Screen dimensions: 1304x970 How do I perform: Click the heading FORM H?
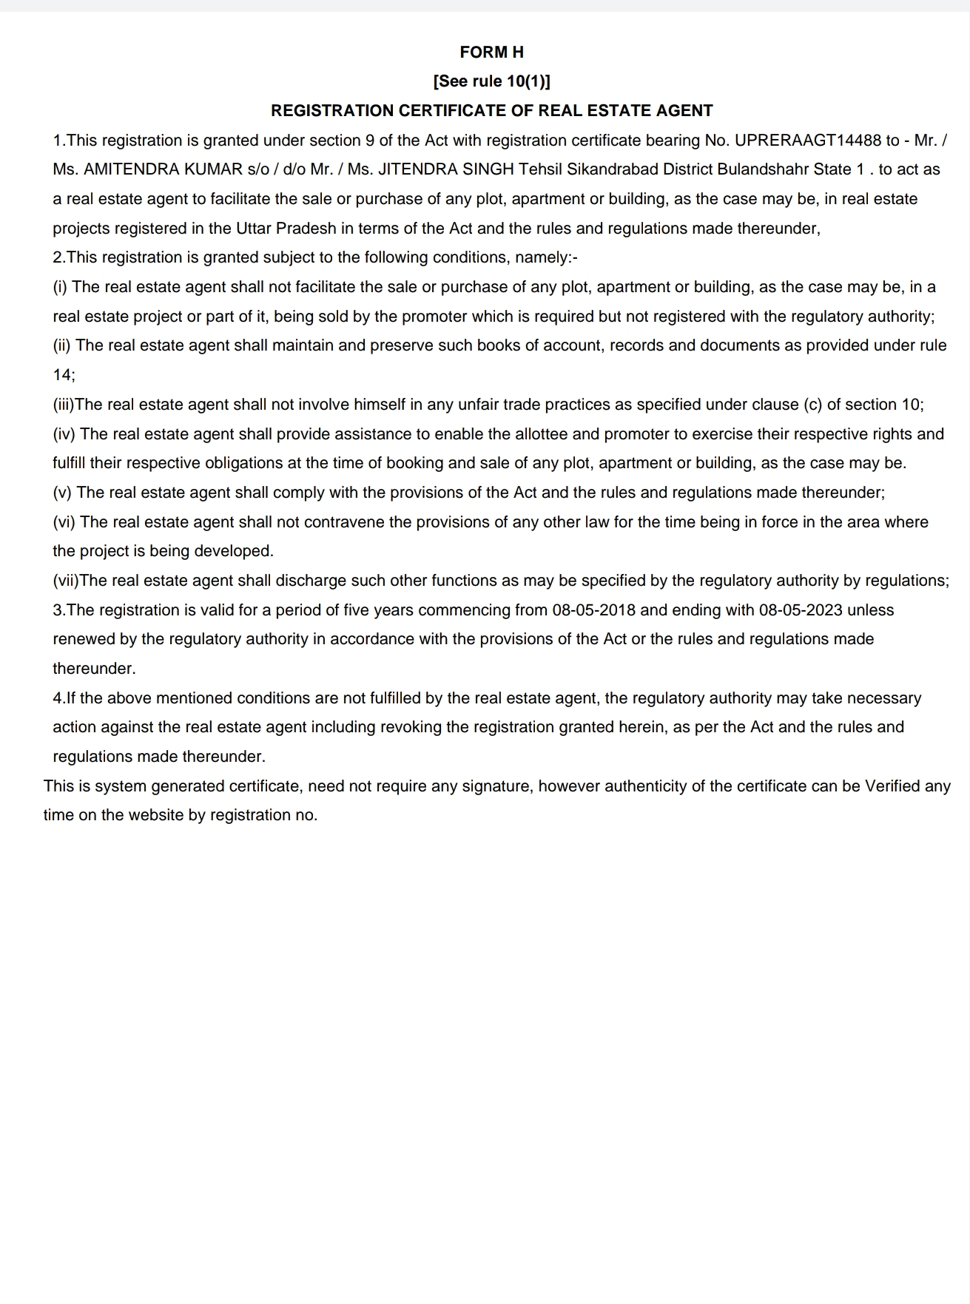point(491,52)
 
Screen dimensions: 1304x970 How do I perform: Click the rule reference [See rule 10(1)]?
point(491,81)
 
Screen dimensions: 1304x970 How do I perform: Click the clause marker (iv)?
point(64,434)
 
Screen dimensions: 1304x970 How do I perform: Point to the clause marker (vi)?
point(64,522)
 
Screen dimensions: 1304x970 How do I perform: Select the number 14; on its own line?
point(64,375)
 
